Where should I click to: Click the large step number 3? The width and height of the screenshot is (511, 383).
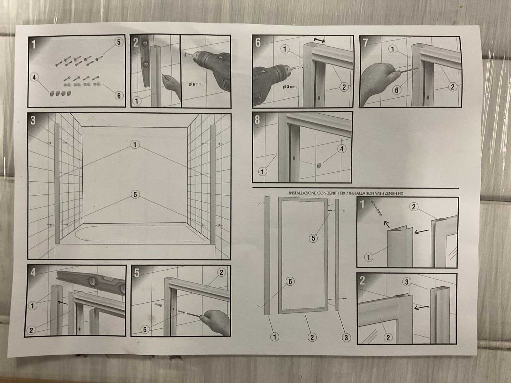[33, 120]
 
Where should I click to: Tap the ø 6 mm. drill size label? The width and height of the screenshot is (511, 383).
[195, 84]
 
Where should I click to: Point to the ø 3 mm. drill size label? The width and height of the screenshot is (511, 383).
[290, 87]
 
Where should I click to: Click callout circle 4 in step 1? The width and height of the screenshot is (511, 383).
[34, 77]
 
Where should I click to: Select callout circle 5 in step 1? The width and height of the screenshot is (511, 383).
[119, 42]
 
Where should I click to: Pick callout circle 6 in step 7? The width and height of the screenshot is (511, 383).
[397, 90]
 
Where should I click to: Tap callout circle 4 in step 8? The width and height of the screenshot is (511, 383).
[341, 149]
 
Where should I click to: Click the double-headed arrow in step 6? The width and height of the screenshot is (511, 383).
[319, 40]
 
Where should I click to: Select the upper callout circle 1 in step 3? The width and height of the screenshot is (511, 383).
[135, 145]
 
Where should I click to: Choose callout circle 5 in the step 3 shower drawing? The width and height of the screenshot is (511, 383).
[135, 194]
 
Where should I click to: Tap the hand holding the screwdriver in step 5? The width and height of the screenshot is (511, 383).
[215, 322]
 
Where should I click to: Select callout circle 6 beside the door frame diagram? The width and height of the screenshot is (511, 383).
[290, 282]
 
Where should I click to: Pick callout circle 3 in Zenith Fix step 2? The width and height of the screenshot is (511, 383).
[407, 282]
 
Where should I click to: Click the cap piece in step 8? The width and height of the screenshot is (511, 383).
[319, 166]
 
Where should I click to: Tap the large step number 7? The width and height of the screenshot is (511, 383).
[365, 42]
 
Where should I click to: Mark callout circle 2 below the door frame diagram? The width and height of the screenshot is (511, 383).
[312, 337]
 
